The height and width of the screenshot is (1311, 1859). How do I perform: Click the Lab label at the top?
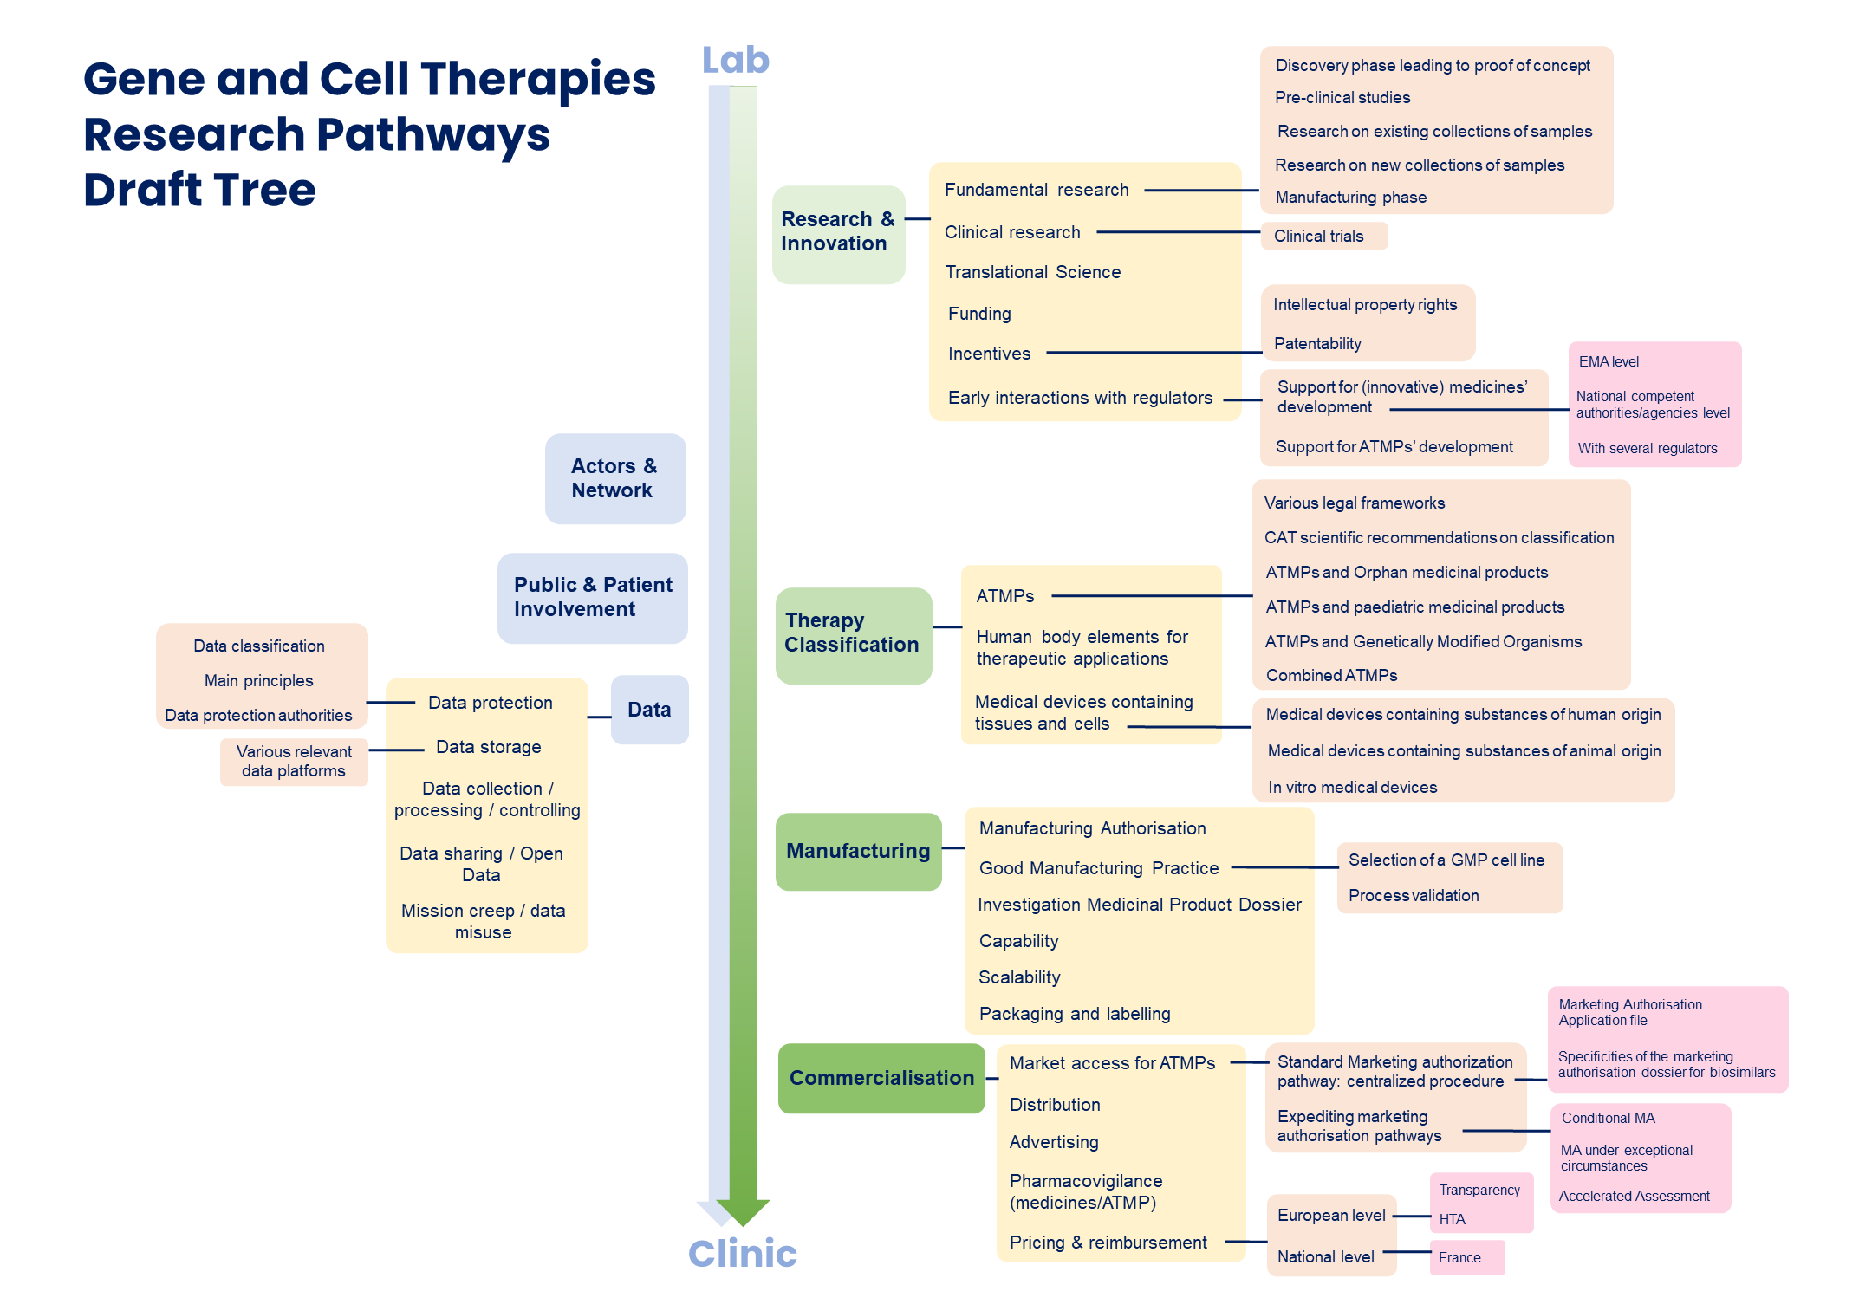(x=735, y=60)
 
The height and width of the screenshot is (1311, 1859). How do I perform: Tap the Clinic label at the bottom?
(x=742, y=1253)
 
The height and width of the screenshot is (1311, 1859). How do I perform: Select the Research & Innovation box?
(x=838, y=233)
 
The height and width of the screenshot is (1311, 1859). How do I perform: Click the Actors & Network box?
(x=614, y=478)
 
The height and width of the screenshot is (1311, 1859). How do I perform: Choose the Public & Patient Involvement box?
(x=593, y=597)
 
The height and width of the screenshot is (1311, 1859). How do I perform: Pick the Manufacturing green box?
(x=858, y=851)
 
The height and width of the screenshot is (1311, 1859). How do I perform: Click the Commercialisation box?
(x=881, y=1078)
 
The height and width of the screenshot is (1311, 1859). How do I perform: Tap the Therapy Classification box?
(x=853, y=633)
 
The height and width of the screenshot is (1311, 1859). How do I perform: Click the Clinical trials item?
(x=1318, y=237)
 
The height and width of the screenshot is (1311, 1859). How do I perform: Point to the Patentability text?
(x=1317, y=344)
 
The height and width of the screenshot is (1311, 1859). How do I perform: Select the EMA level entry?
(x=1609, y=362)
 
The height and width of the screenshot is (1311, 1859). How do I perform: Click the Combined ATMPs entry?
(x=1331, y=675)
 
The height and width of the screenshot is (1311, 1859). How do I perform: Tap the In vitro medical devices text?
(x=1352, y=787)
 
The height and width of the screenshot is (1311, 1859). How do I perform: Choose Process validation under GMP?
(x=1414, y=895)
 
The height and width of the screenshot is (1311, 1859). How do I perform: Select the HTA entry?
(x=1453, y=1219)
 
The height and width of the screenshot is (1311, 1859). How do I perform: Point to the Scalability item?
(x=1019, y=977)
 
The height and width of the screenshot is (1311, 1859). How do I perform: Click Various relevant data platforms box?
(x=294, y=762)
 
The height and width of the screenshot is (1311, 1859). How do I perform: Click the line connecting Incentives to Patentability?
(x=1153, y=353)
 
